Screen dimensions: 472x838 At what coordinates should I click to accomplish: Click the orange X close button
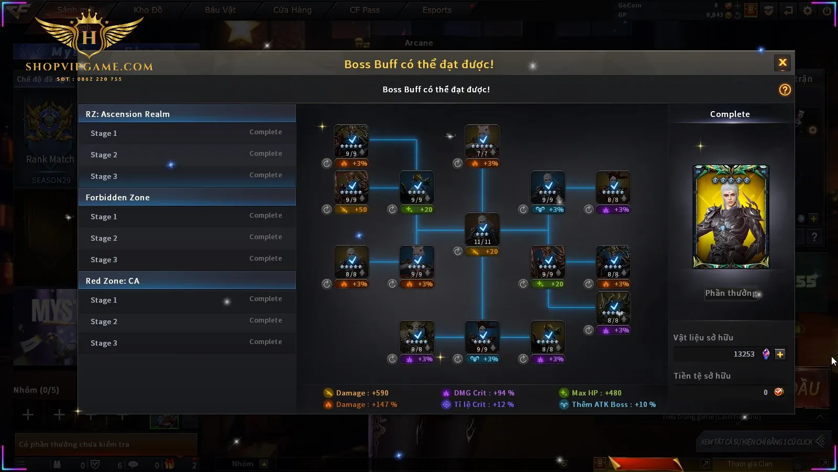click(782, 63)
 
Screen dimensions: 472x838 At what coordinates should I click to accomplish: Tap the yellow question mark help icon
click(785, 90)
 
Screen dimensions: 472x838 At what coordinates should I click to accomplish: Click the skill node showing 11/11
click(482, 229)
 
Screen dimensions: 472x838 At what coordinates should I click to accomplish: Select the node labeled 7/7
click(482, 141)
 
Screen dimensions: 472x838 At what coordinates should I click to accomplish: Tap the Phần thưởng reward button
click(731, 293)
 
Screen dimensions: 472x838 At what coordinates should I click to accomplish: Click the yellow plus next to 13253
click(780, 355)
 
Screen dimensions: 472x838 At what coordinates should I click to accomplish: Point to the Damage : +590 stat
click(362, 393)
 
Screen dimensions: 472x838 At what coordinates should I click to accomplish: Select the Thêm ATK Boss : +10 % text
click(613, 404)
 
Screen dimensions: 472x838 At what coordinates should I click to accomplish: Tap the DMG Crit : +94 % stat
click(483, 393)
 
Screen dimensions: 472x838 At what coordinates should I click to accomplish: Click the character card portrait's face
click(729, 198)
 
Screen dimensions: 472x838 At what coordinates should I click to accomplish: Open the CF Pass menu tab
click(365, 10)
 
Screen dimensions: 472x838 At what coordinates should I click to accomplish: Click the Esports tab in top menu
click(437, 10)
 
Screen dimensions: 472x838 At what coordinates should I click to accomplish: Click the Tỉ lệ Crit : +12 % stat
click(483, 404)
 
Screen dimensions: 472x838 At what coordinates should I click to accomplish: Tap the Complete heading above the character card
click(730, 114)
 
